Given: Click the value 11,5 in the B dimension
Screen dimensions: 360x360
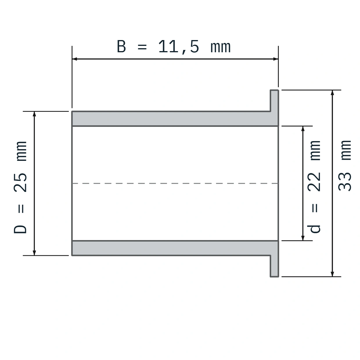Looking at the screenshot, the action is [x=179, y=47].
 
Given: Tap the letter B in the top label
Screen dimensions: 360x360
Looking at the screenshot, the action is [x=121, y=46].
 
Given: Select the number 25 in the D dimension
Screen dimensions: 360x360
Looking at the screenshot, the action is [x=20, y=183].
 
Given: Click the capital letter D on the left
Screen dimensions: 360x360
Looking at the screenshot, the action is [x=20, y=229].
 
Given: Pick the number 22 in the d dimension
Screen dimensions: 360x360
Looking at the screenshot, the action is [x=314, y=182].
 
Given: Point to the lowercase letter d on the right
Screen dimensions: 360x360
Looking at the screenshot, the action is [x=314, y=229].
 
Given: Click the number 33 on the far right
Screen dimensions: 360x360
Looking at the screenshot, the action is [x=345, y=181].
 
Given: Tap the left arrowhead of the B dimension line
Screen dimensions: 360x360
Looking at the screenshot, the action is [x=75, y=59].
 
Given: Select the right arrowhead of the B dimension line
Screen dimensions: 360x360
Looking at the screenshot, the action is [x=276, y=59].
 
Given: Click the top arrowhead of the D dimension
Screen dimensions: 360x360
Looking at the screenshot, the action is [x=34, y=114].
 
